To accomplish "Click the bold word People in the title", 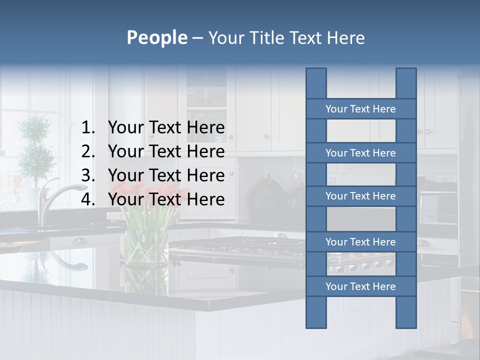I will tap(156, 37).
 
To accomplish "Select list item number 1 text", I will tap(166, 128).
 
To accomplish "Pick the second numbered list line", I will tap(166, 151).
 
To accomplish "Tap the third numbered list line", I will tap(166, 175).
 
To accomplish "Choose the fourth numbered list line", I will tap(166, 199).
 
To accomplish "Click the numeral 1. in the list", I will tap(88, 128).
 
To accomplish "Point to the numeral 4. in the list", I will tap(88, 199).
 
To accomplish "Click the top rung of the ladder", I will tap(360, 109).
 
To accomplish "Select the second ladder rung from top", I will tap(360, 153).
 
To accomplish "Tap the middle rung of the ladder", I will tap(360, 196).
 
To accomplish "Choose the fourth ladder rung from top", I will tap(360, 242).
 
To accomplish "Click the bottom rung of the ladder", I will tap(360, 286).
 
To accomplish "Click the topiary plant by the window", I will tap(35, 145).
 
